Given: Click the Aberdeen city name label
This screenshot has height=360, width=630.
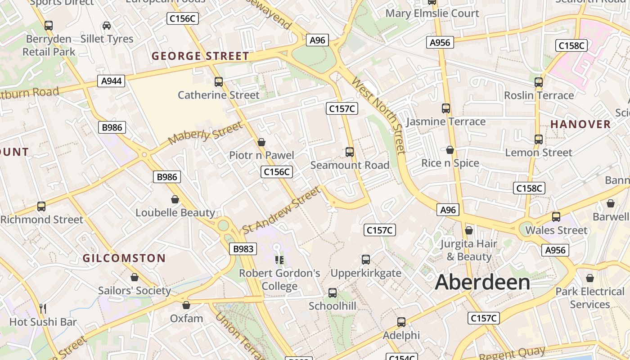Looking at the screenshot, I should (482, 283).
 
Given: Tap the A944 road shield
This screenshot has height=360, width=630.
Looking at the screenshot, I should (111, 81).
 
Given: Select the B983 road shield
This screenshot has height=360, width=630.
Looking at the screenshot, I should (244, 249).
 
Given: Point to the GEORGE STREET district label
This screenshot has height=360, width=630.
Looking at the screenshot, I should (200, 56).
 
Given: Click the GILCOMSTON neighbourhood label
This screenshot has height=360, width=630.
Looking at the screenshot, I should (124, 258).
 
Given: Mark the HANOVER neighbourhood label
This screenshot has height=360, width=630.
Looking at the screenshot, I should (580, 124).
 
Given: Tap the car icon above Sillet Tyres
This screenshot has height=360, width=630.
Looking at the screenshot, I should (107, 26).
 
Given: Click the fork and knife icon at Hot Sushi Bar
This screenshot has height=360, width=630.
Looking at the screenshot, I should (43, 309).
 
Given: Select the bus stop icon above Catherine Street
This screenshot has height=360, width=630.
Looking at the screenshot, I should (219, 82).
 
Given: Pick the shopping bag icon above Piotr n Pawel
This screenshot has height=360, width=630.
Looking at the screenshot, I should (261, 143).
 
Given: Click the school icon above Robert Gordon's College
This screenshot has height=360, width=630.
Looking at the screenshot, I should (279, 260).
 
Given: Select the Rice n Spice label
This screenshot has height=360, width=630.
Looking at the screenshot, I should (450, 163).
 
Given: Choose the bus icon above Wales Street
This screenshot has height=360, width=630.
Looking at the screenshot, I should (556, 217).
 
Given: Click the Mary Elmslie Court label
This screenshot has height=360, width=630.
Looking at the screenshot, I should (432, 13).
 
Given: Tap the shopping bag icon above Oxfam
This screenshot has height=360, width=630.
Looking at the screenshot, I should (186, 306).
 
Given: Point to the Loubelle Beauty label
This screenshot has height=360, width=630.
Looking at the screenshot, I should (175, 212).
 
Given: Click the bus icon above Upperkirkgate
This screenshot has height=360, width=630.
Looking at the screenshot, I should (366, 260).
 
